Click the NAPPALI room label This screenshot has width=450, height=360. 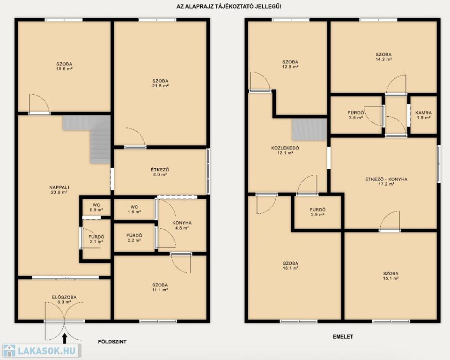pyautogui.click(x=59, y=187)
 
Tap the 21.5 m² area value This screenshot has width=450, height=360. pyautogui.click(x=160, y=86)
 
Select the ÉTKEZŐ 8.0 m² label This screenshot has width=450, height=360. pyautogui.click(x=160, y=172)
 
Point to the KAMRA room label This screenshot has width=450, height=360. pyautogui.click(x=424, y=113)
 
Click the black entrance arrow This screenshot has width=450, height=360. pyautogui.click(x=65, y=338)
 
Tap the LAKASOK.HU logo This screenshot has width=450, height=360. pyautogui.click(x=41, y=351)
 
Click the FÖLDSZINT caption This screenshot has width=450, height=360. pyautogui.click(x=112, y=342)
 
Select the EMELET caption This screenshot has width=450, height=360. pyautogui.click(x=343, y=337)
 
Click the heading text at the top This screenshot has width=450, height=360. pyautogui.click(x=229, y=7)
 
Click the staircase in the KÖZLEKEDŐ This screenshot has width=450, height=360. pyautogui.click(x=310, y=129)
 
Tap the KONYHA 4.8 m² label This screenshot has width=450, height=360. pyautogui.click(x=182, y=225)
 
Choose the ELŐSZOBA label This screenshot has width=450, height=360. pyautogui.click(x=64, y=297)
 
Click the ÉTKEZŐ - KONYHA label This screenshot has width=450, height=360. pyautogui.click(x=386, y=179)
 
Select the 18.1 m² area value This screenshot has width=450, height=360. pyautogui.click(x=291, y=268)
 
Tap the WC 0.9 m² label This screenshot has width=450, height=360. pyautogui.click(x=96, y=208)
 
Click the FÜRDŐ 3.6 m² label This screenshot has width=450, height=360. pyautogui.click(x=356, y=115)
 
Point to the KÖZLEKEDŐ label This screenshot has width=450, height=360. pyautogui.click(x=285, y=148)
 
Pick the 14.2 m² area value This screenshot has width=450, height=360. pyautogui.click(x=384, y=59)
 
